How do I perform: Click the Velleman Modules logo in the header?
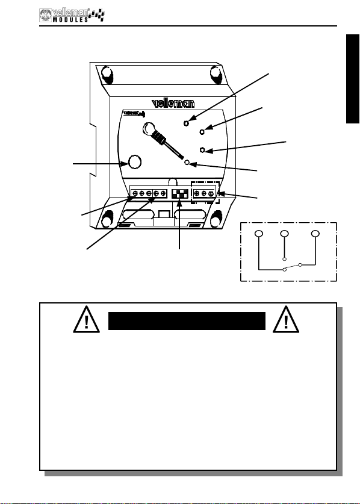coord(72,15)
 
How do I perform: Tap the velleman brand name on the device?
coord(173,103)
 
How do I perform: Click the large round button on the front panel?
coord(135,162)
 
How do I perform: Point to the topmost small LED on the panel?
coord(186,123)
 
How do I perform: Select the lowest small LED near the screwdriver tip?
coord(187,163)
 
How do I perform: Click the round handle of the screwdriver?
coord(149,129)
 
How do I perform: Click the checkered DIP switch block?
coord(180,193)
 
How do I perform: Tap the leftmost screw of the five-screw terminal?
coord(135,193)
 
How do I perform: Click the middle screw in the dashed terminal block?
coord(204,193)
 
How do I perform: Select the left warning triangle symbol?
coord(87,320)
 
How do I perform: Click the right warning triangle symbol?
coord(286,320)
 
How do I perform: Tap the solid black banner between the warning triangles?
coord(187,321)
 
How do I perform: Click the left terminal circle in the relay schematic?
coord(259,234)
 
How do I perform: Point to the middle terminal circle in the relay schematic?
coord(284,234)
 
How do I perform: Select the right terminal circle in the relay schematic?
coord(315,234)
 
